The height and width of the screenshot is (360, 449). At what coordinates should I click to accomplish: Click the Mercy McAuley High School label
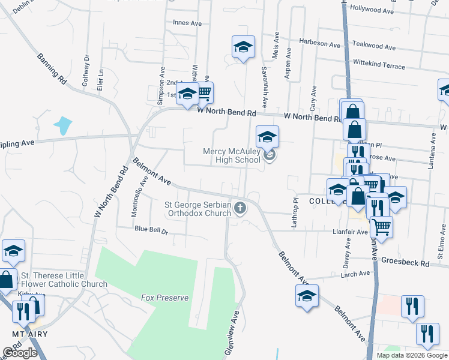(x=232, y=156)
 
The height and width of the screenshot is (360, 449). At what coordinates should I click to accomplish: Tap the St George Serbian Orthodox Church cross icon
(x=240, y=208)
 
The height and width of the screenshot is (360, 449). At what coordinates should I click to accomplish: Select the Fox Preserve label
(x=164, y=298)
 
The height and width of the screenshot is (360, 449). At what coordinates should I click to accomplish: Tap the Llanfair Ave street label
(x=350, y=231)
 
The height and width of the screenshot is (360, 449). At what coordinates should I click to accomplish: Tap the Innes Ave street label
(x=187, y=23)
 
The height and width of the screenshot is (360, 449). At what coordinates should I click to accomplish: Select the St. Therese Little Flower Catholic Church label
(x=64, y=280)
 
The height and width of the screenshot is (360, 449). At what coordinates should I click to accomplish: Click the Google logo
(x=20, y=353)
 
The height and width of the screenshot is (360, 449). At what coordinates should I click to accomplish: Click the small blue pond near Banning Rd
(x=62, y=125)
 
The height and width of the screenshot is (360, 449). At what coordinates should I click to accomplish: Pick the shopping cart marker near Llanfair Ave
(x=381, y=227)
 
